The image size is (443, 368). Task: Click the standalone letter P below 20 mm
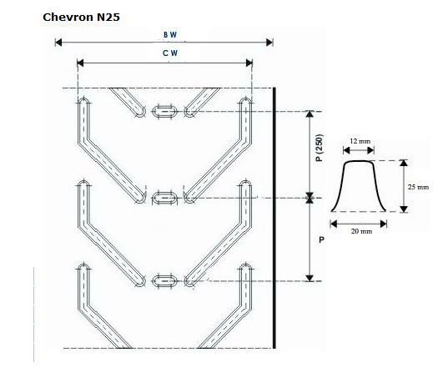pos(320,239)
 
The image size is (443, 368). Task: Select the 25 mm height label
pos(418,187)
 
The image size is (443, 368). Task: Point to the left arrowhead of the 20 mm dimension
pos(334,223)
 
